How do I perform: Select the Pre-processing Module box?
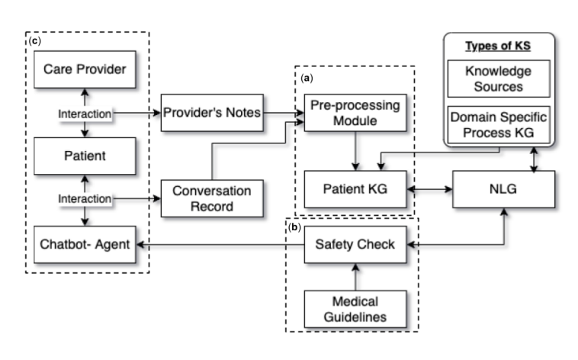point(354,114)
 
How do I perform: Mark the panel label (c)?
point(34,40)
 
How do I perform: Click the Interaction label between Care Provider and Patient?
point(85,114)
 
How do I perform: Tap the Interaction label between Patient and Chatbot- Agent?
point(85,200)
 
